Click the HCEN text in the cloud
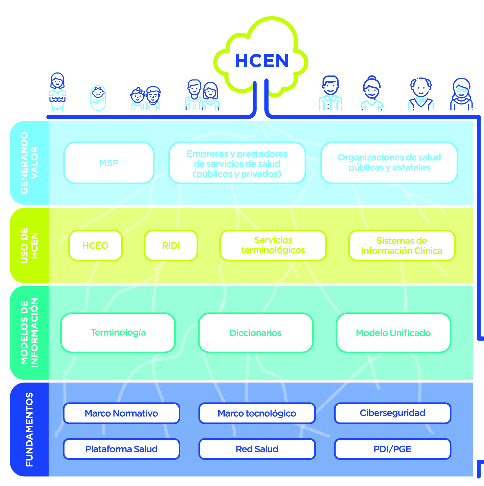pyautogui.click(x=262, y=61)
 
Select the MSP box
pyautogui.click(x=109, y=163)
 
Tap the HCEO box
pyautogui.click(x=95, y=245)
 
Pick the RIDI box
pyautogui.click(x=171, y=245)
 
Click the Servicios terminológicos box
pyautogui.click(x=273, y=245)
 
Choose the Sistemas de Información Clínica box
pyautogui.click(x=401, y=245)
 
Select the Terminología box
pyautogui.click(x=118, y=333)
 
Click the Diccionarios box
pyautogui.click(x=255, y=333)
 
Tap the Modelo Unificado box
pyautogui.click(x=393, y=333)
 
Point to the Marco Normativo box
pyautogui.click(x=121, y=413)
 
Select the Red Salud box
pyautogui.click(x=257, y=449)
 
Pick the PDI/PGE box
pyautogui.click(x=392, y=449)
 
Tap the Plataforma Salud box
pyautogui.click(x=121, y=449)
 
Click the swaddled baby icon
pyautogui.click(x=98, y=98)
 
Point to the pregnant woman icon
pyautogui.click(x=57, y=91)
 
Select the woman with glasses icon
pyautogui.click(x=461, y=95)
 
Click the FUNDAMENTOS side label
pyautogui.click(x=29, y=429)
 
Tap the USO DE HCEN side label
pyautogui.click(x=29, y=245)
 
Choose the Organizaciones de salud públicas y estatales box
pyautogui.click(x=389, y=163)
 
